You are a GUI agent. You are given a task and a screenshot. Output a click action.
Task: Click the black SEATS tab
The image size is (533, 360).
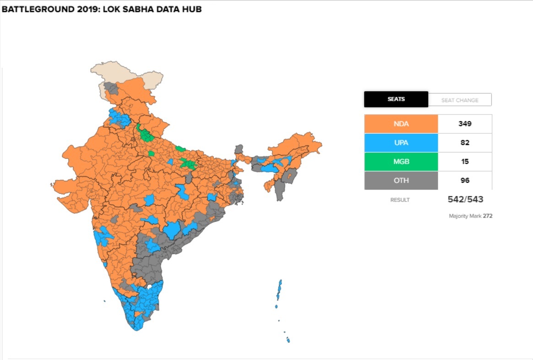pyautogui.click(x=396, y=99)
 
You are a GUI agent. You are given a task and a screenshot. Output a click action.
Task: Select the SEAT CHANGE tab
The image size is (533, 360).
pyautogui.click(x=460, y=100)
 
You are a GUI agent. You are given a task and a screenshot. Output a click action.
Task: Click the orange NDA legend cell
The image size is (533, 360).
pyautogui.click(x=401, y=124)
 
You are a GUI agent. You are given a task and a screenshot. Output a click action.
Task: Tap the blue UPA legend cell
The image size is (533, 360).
pyautogui.click(x=401, y=143)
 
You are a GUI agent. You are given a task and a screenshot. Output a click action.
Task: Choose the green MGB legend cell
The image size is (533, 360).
pyautogui.click(x=401, y=162)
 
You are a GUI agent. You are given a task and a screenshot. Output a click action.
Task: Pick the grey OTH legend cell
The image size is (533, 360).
pyautogui.click(x=401, y=180)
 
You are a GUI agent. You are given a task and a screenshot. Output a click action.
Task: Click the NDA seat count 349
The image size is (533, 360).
pyautogui.click(x=465, y=124)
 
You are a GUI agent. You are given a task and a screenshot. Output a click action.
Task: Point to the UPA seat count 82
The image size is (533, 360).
pyautogui.click(x=465, y=143)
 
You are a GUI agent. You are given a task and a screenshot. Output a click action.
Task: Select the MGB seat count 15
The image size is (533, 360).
pyautogui.click(x=465, y=162)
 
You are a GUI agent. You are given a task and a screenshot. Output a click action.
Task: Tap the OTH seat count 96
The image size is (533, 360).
pyautogui.click(x=465, y=180)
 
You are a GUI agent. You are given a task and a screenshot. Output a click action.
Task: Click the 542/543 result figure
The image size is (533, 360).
pyautogui.click(x=465, y=199)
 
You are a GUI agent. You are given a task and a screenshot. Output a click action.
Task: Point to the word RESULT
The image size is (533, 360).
pyautogui.click(x=400, y=200)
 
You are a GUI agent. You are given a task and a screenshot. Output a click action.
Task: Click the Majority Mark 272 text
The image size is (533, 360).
pyautogui.click(x=470, y=216)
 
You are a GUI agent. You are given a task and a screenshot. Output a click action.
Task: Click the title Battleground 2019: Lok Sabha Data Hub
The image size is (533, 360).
pyautogui.click(x=102, y=10)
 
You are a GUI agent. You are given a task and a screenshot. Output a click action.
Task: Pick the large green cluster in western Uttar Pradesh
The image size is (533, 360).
pyautogui.click(x=146, y=135)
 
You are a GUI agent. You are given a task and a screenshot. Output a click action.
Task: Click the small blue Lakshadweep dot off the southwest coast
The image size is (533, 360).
pyautogui.click(x=105, y=301)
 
